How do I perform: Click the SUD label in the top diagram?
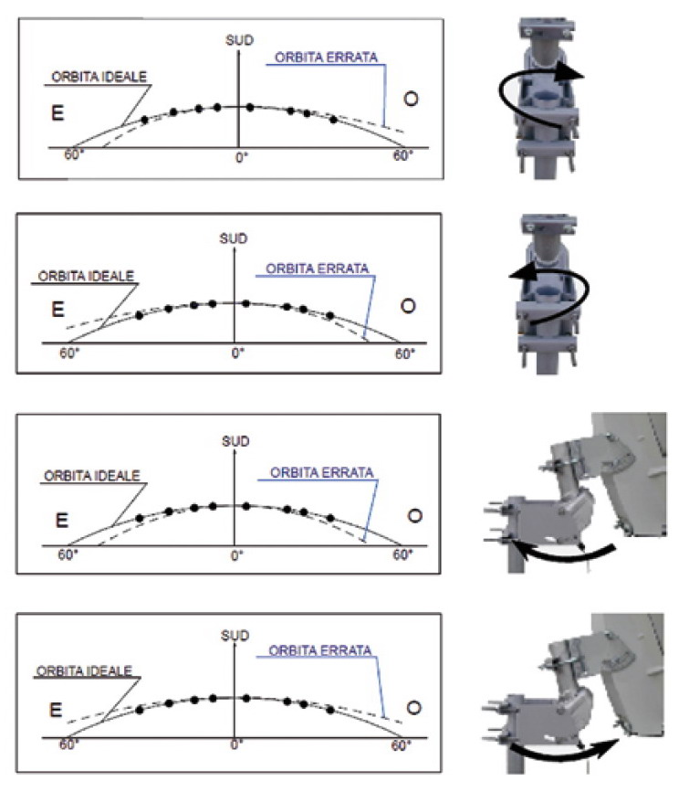239,40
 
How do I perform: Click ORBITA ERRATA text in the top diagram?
326,58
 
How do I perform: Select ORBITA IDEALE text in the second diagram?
86,276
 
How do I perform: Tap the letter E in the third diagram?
61,520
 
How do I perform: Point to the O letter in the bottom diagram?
413,708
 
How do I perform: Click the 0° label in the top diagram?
242,158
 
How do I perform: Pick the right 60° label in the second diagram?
405,354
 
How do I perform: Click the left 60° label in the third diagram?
68,555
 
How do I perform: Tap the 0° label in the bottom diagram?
237,744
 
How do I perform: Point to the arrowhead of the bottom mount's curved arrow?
608,746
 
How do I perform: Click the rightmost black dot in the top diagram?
333,120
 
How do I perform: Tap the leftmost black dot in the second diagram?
140,316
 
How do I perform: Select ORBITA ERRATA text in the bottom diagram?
320,650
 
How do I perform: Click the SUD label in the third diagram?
235,441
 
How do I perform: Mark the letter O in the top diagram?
412,99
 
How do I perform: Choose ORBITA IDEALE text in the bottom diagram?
84,671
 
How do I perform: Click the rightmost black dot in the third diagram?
330,518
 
